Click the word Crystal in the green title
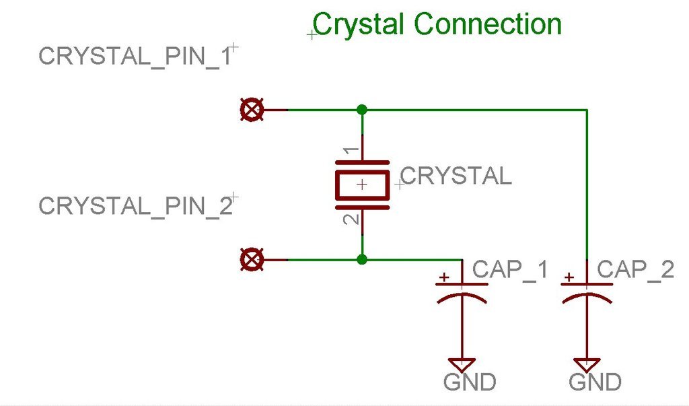point(359,26)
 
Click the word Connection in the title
point(488,25)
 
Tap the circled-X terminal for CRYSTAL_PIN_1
point(252,110)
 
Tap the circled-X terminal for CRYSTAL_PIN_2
point(252,259)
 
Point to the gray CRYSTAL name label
point(456,176)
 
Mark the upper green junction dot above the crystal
point(362,109)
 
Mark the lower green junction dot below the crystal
point(362,259)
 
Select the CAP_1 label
point(511,270)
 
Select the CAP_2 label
point(635,270)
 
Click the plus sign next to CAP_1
point(444,277)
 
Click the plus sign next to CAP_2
point(569,277)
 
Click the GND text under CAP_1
point(470,382)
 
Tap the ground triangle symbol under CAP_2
point(587,364)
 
